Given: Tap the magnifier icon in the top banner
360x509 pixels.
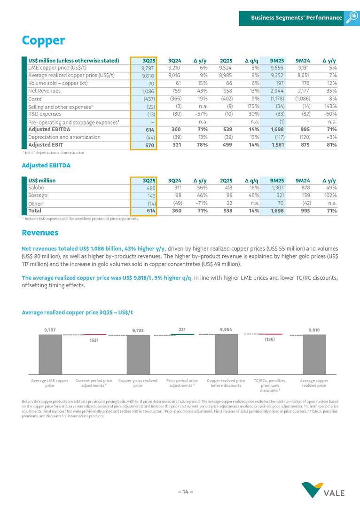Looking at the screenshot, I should point(352,17).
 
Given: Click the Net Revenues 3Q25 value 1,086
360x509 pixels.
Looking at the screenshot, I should point(148,91).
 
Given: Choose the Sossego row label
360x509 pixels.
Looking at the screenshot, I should point(37,196).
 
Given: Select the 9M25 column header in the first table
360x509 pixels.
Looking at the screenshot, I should point(276,60).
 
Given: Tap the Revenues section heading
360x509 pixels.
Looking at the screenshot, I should point(40,233).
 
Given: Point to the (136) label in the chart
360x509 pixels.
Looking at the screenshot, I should point(269,339).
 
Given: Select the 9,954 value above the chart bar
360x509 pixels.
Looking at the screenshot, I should point(226,329).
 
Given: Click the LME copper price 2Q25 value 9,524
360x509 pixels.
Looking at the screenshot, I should point(226,68).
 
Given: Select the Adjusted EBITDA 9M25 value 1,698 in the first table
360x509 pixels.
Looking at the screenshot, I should point(275,129).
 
